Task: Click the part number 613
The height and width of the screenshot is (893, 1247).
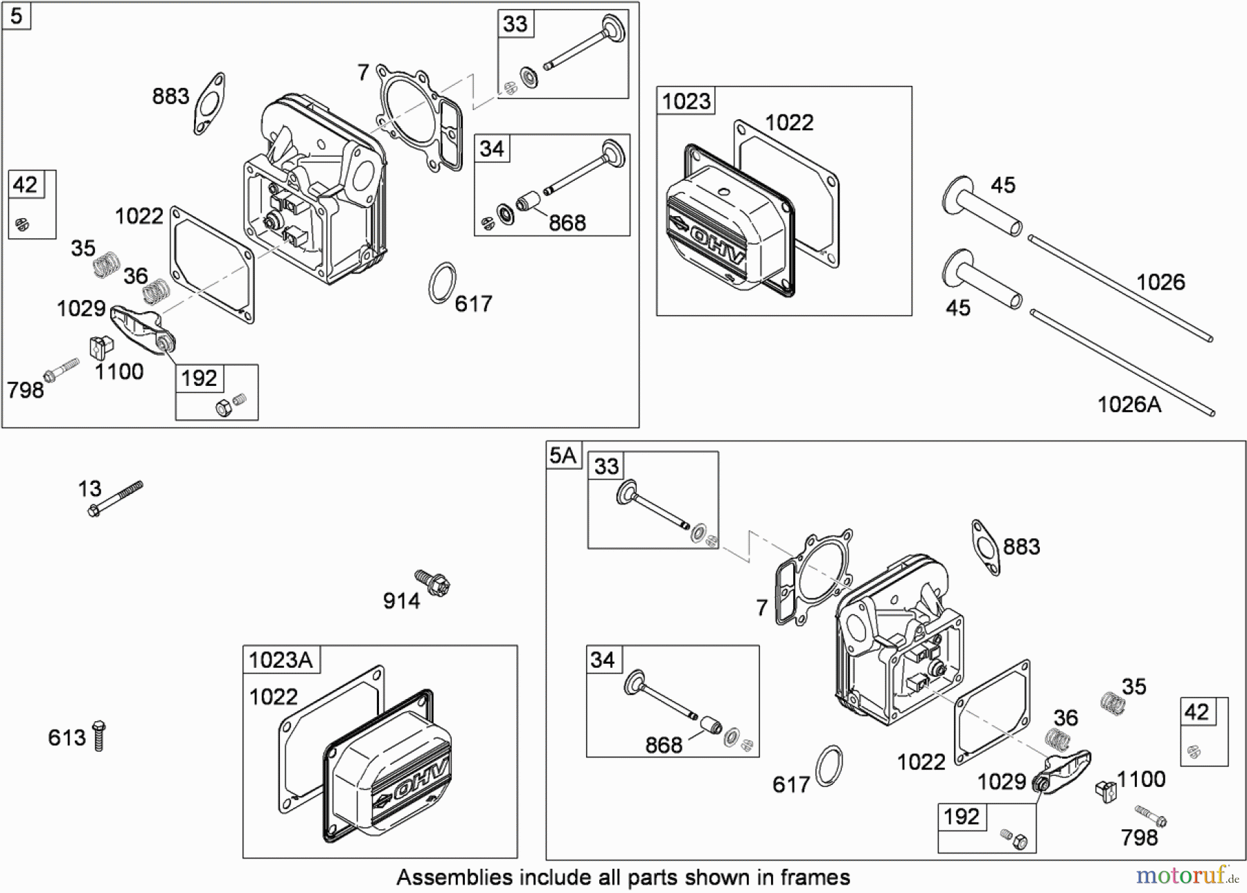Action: click(67, 738)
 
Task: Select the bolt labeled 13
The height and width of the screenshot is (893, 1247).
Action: click(116, 499)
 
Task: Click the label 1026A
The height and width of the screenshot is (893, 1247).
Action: click(1129, 405)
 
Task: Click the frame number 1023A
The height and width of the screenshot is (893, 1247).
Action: click(281, 660)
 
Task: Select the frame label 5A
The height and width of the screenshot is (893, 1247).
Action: click(563, 455)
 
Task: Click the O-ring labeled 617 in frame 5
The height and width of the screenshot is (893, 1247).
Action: click(442, 283)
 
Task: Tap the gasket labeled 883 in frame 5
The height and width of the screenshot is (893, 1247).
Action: click(209, 104)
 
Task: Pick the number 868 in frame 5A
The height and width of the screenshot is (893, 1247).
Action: click(663, 745)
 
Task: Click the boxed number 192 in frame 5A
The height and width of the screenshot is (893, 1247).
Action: click(961, 817)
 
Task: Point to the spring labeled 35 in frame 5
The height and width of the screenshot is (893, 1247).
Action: click(106, 264)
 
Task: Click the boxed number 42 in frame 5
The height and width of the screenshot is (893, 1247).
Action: click(25, 185)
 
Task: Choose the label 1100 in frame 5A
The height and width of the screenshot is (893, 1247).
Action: click(1141, 779)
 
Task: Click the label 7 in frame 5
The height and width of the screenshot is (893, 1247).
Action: click(363, 72)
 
